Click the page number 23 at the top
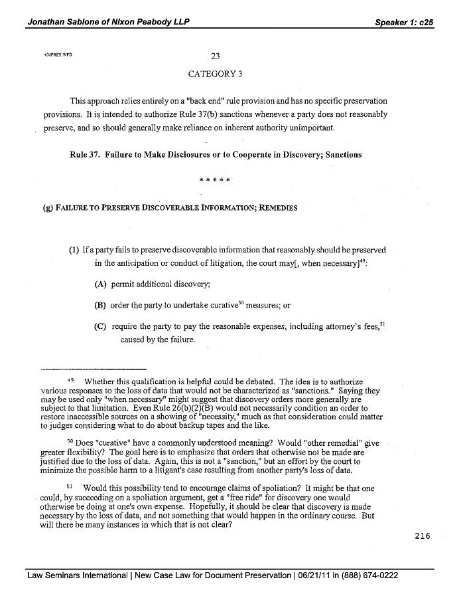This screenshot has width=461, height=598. [214, 56]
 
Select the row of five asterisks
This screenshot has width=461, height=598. [214, 179]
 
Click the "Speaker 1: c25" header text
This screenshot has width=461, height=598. [404, 22]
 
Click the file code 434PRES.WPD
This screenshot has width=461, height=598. [56, 54]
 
